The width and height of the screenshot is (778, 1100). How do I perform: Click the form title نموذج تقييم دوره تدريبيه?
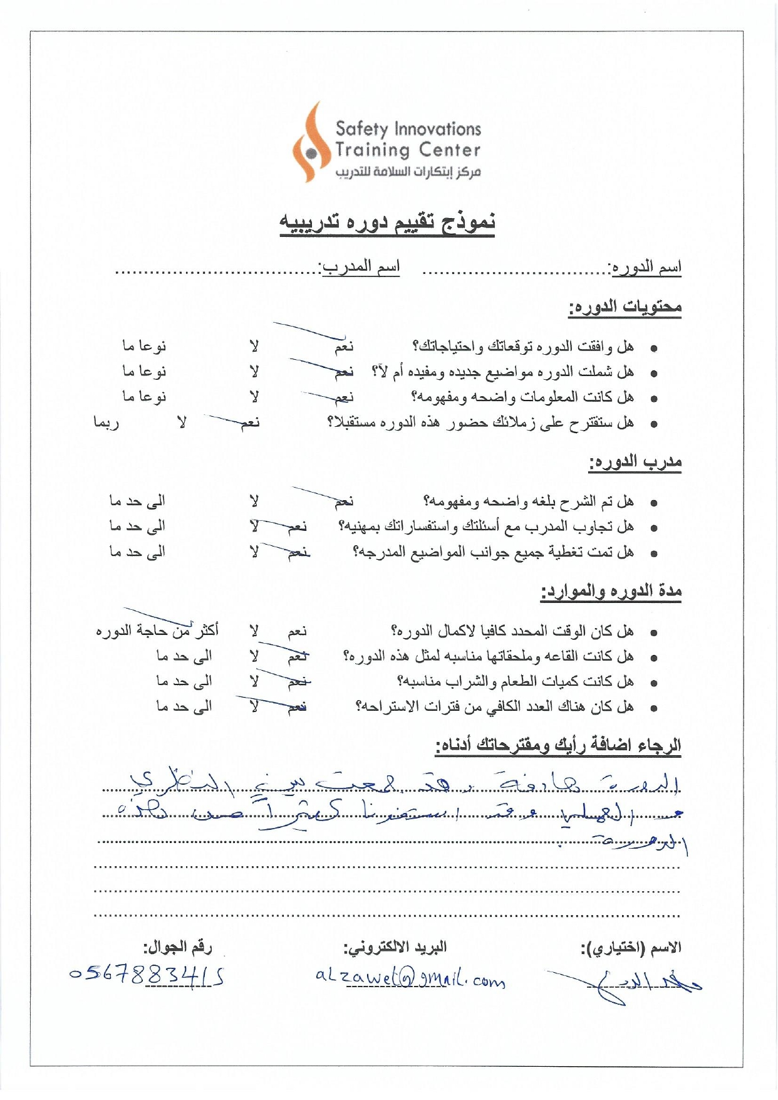click(x=387, y=222)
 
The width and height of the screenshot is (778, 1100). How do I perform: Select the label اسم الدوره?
click(x=645, y=268)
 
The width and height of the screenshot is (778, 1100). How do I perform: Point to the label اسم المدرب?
click(x=360, y=268)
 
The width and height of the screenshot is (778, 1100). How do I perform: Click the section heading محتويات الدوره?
click(x=625, y=307)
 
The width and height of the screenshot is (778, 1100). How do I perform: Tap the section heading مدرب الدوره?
click(x=635, y=463)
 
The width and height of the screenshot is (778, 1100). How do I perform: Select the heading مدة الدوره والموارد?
click(x=611, y=591)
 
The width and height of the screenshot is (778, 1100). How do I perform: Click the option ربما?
click(x=106, y=423)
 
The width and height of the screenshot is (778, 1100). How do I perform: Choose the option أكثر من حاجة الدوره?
click(x=157, y=631)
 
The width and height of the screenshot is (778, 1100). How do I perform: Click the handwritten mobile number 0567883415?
click(x=147, y=975)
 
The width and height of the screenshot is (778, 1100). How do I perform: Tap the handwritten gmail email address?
click(x=410, y=977)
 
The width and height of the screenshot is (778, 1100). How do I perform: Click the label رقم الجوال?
click(x=177, y=947)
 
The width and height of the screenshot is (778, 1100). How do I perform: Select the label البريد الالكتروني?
click(x=395, y=947)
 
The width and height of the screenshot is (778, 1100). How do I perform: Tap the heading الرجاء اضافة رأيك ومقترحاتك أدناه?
click(x=558, y=746)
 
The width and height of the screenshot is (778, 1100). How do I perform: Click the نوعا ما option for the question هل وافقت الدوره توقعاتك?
click(x=144, y=346)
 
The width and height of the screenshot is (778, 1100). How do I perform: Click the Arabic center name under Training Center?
click(x=408, y=172)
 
